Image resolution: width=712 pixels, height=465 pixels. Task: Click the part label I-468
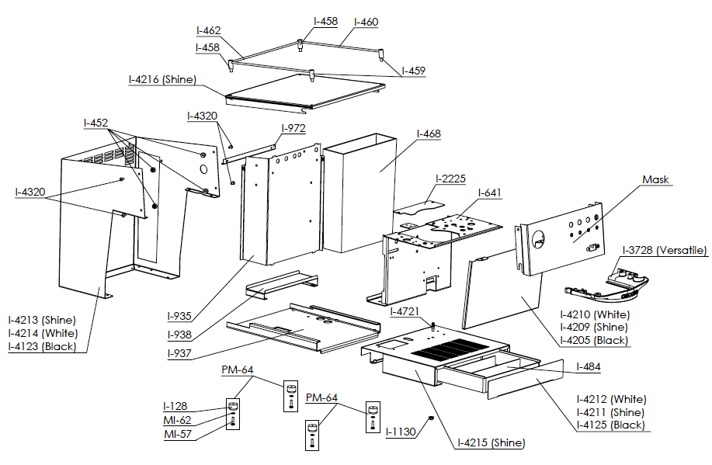pos(429,134)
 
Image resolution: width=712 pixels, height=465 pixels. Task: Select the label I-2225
pos(450,179)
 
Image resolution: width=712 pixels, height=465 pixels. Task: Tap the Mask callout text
pos(655,179)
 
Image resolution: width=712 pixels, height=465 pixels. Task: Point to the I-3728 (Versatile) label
pos(665,250)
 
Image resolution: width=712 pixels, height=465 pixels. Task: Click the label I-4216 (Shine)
pos(162,79)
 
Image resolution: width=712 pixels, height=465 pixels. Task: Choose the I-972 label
pos(293,127)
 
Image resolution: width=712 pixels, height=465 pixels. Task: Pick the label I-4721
pos(405,311)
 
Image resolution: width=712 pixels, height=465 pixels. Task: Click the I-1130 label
pos(401,432)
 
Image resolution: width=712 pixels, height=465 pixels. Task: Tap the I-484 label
pos(589,366)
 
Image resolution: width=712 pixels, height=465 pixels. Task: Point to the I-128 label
pos(175,406)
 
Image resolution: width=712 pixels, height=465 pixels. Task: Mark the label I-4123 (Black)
pos(43,346)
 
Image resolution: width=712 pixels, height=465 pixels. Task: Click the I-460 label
pos(366,22)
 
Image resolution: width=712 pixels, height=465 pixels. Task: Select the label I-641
pos(491,193)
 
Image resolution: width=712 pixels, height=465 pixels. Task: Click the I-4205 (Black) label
pos(595,340)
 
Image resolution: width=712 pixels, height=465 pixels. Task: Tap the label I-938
pos(180,335)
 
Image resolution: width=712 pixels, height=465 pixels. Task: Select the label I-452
pos(96,123)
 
